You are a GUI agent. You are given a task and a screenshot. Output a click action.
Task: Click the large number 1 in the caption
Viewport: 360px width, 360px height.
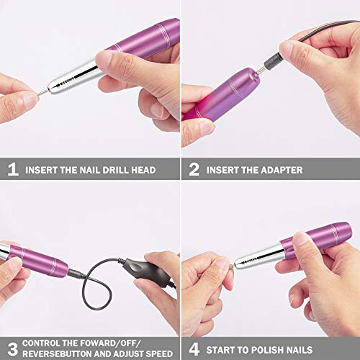point(12,170)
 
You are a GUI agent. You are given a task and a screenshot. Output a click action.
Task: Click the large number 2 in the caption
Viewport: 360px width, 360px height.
point(194,170)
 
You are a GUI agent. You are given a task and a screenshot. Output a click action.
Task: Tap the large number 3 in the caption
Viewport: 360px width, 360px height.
point(12,348)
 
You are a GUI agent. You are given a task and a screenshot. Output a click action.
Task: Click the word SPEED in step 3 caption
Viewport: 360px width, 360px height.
point(156,354)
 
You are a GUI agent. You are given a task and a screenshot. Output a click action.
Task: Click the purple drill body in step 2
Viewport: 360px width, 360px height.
point(216,94)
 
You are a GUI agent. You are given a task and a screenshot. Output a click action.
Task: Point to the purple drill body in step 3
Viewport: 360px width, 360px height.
point(36,260)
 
